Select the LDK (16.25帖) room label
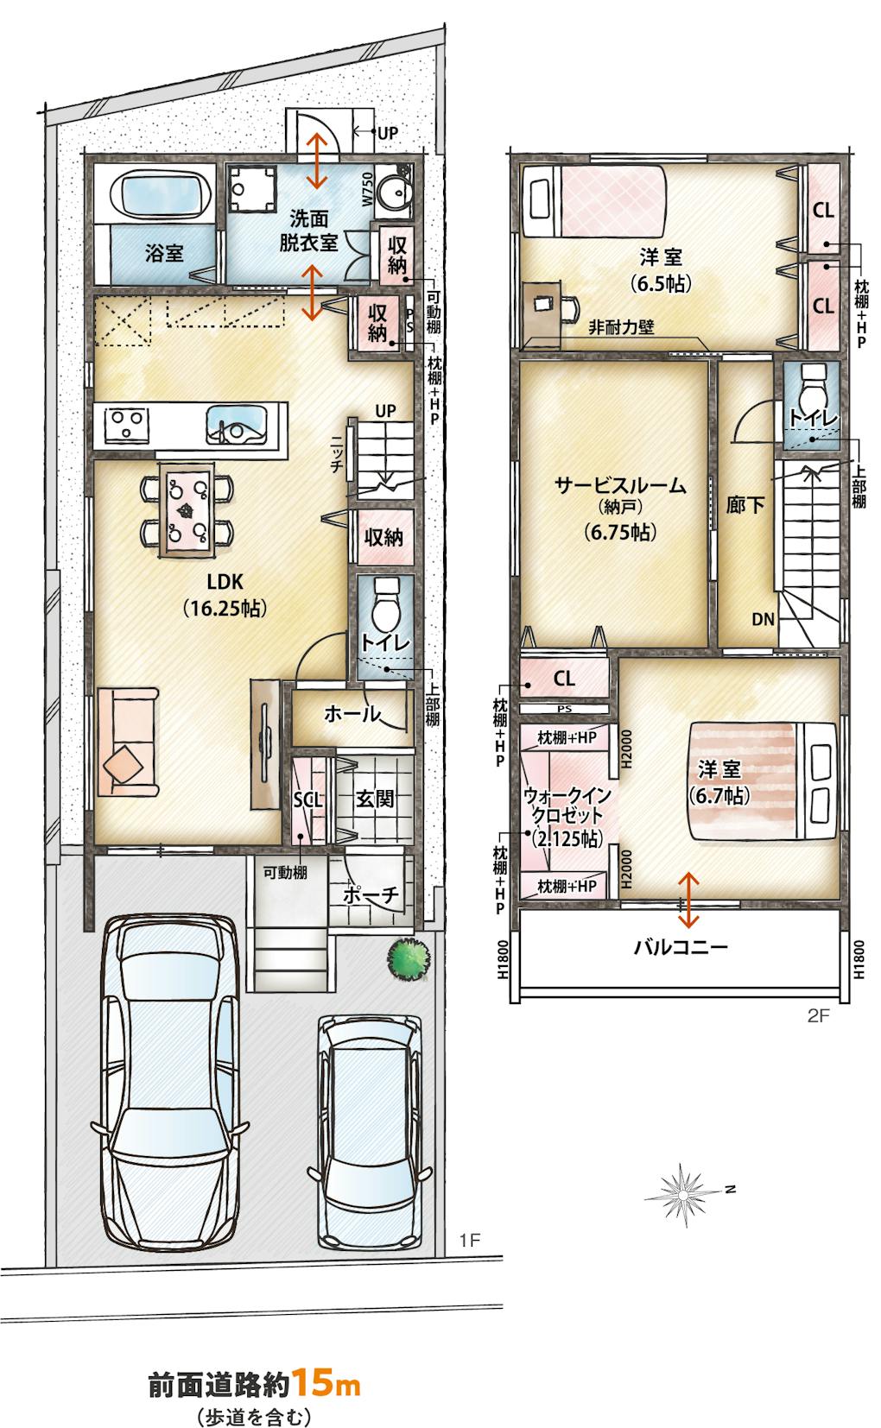225,595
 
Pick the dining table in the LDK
187,508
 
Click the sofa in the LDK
128,742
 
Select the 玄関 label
375,798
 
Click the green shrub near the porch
409,957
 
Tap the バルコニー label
680,947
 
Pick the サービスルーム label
620,486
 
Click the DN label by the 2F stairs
763,619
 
